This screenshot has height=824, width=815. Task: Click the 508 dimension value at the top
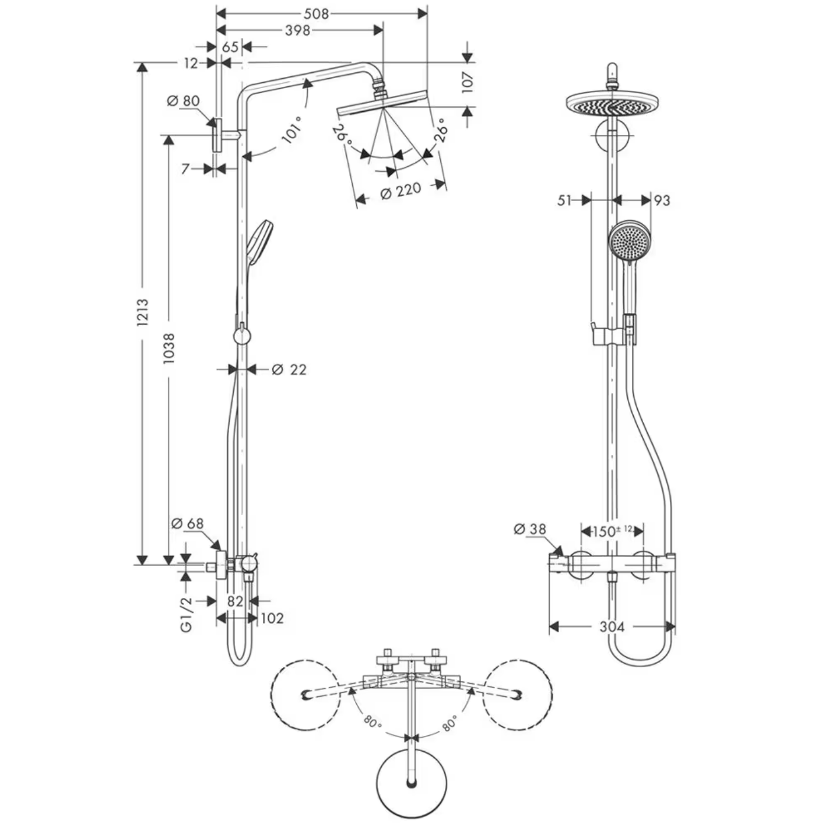(x=316, y=13)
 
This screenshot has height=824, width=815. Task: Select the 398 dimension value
(x=297, y=30)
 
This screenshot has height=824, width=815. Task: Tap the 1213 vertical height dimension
(x=142, y=312)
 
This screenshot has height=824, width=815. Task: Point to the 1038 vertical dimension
(x=169, y=348)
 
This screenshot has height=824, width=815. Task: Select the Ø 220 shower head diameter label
(x=400, y=191)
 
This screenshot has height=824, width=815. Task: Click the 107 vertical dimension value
(x=468, y=83)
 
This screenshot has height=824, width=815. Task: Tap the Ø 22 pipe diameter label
(x=289, y=369)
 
